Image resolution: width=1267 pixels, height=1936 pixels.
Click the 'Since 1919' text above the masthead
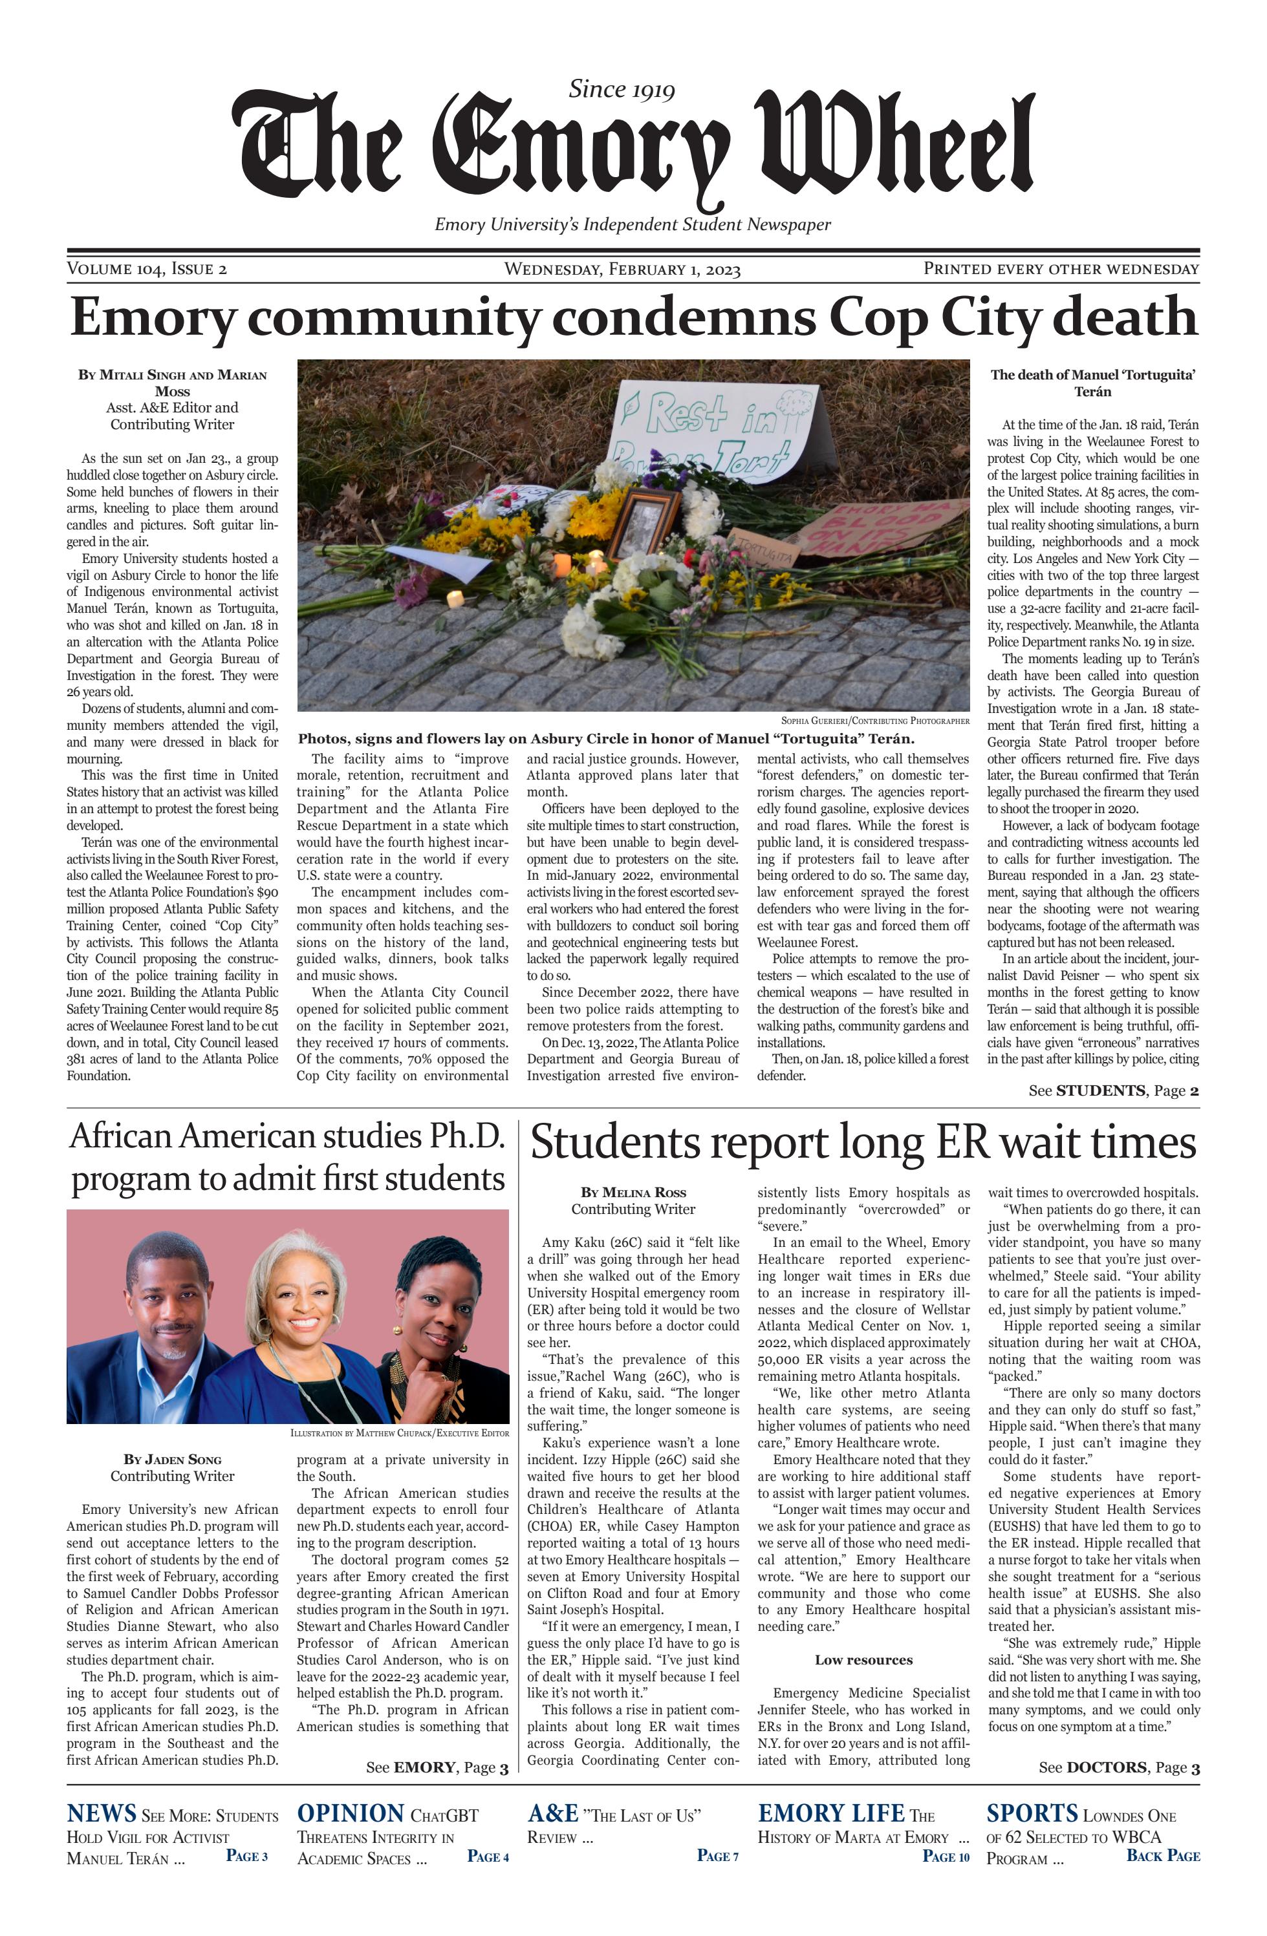621,89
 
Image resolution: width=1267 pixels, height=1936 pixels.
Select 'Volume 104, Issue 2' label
146,270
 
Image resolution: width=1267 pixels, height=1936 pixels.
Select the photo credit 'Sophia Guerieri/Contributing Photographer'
875,721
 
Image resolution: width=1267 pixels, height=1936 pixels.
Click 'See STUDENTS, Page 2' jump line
1112,1091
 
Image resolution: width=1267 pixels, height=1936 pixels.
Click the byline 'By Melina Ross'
633,1193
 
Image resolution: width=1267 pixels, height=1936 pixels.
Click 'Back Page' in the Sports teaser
1162,1855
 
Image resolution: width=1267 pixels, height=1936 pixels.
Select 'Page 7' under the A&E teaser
717,1855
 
